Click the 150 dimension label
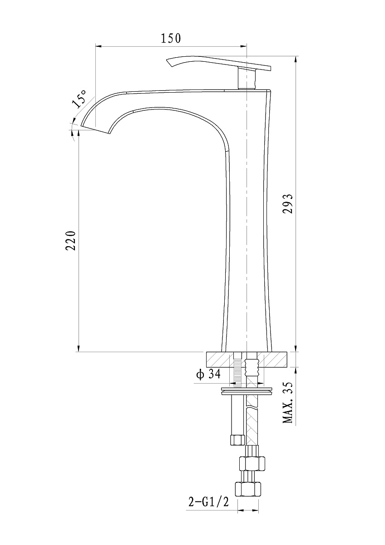[171, 38]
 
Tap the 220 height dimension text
[71, 240]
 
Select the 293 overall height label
[288, 203]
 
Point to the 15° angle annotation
[79, 99]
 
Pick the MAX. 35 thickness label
[288, 403]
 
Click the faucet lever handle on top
[218, 64]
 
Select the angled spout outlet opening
[97, 129]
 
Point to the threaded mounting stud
[237, 371]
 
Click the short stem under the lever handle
[247, 79]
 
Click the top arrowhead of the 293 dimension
[296, 59]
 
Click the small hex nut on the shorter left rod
[237, 440]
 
